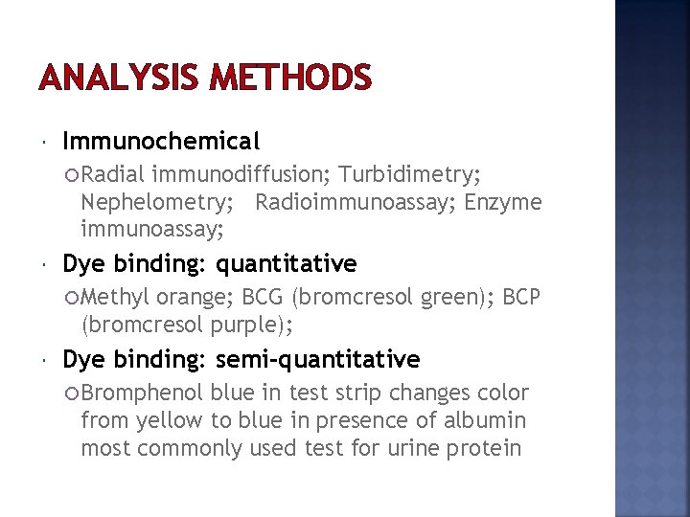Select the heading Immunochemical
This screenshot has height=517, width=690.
161,142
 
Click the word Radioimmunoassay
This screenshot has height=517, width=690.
355,202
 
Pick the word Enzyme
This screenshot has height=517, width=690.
503,202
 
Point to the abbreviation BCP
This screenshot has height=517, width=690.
520,297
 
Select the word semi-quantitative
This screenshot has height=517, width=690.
318,360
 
